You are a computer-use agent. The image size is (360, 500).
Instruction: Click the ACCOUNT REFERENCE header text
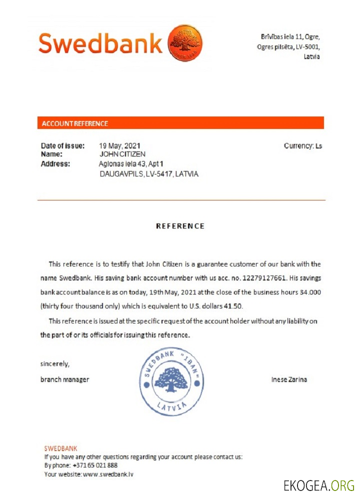(75, 123)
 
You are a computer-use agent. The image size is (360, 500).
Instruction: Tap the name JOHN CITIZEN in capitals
(122, 154)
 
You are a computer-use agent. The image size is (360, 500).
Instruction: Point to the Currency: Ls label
(303, 146)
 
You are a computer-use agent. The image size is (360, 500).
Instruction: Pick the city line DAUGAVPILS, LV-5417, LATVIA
(149, 174)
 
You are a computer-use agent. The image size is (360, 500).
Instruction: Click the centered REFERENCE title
(180, 226)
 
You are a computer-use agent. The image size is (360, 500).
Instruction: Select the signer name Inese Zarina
(289, 379)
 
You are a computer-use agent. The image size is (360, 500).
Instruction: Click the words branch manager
(65, 379)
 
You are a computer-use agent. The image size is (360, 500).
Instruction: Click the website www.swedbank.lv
(108, 474)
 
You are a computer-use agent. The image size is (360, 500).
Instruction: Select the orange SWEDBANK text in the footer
(61, 448)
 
